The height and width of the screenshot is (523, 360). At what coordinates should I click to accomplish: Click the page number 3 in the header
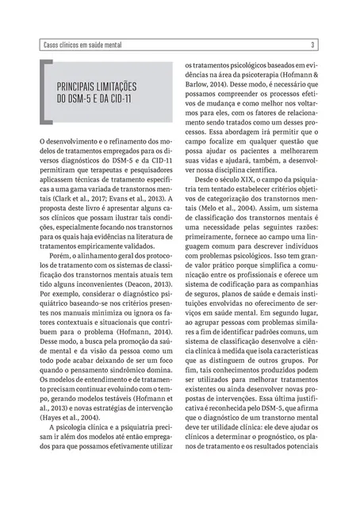pyautogui.click(x=312, y=44)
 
